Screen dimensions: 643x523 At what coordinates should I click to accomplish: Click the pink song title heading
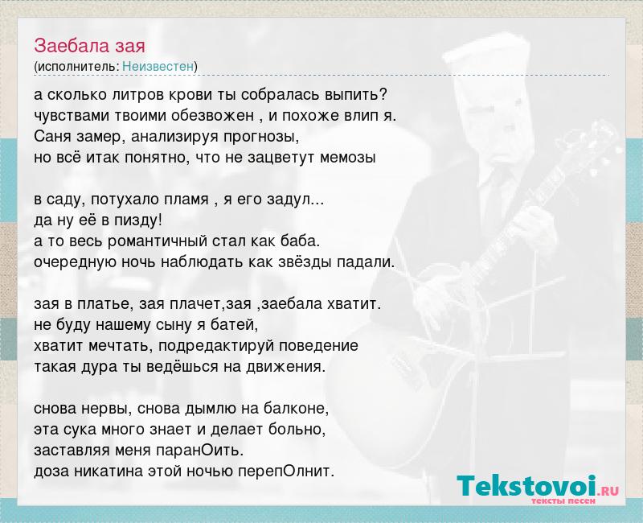[89, 46]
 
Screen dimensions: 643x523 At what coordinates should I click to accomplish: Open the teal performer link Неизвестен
[158, 67]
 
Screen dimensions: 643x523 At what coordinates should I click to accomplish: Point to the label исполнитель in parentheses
[76, 67]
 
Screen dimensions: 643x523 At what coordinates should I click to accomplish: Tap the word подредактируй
[216, 346]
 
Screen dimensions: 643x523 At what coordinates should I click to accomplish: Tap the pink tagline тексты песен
[563, 500]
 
